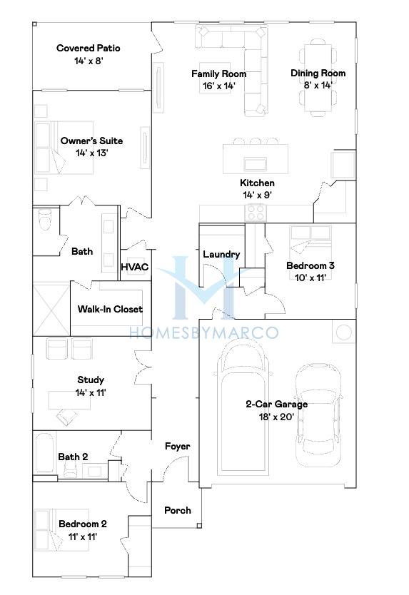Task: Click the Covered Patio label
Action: click(88, 49)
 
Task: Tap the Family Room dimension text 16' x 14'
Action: click(218, 86)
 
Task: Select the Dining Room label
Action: click(318, 73)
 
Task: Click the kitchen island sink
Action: click(256, 164)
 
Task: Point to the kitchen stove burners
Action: click(256, 212)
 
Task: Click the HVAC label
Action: click(135, 267)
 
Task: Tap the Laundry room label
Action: click(221, 254)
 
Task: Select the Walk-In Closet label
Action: click(110, 309)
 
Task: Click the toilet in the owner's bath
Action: click(45, 220)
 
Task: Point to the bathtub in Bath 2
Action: click(45, 453)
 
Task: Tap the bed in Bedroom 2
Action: click(62, 530)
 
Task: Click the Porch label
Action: click(177, 510)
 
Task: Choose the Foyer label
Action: click(177, 447)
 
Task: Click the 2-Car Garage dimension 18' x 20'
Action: click(276, 417)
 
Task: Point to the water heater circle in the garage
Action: click(344, 332)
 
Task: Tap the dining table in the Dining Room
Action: click(318, 81)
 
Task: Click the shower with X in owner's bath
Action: click(51, 309)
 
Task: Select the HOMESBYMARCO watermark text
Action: click(204, 332)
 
